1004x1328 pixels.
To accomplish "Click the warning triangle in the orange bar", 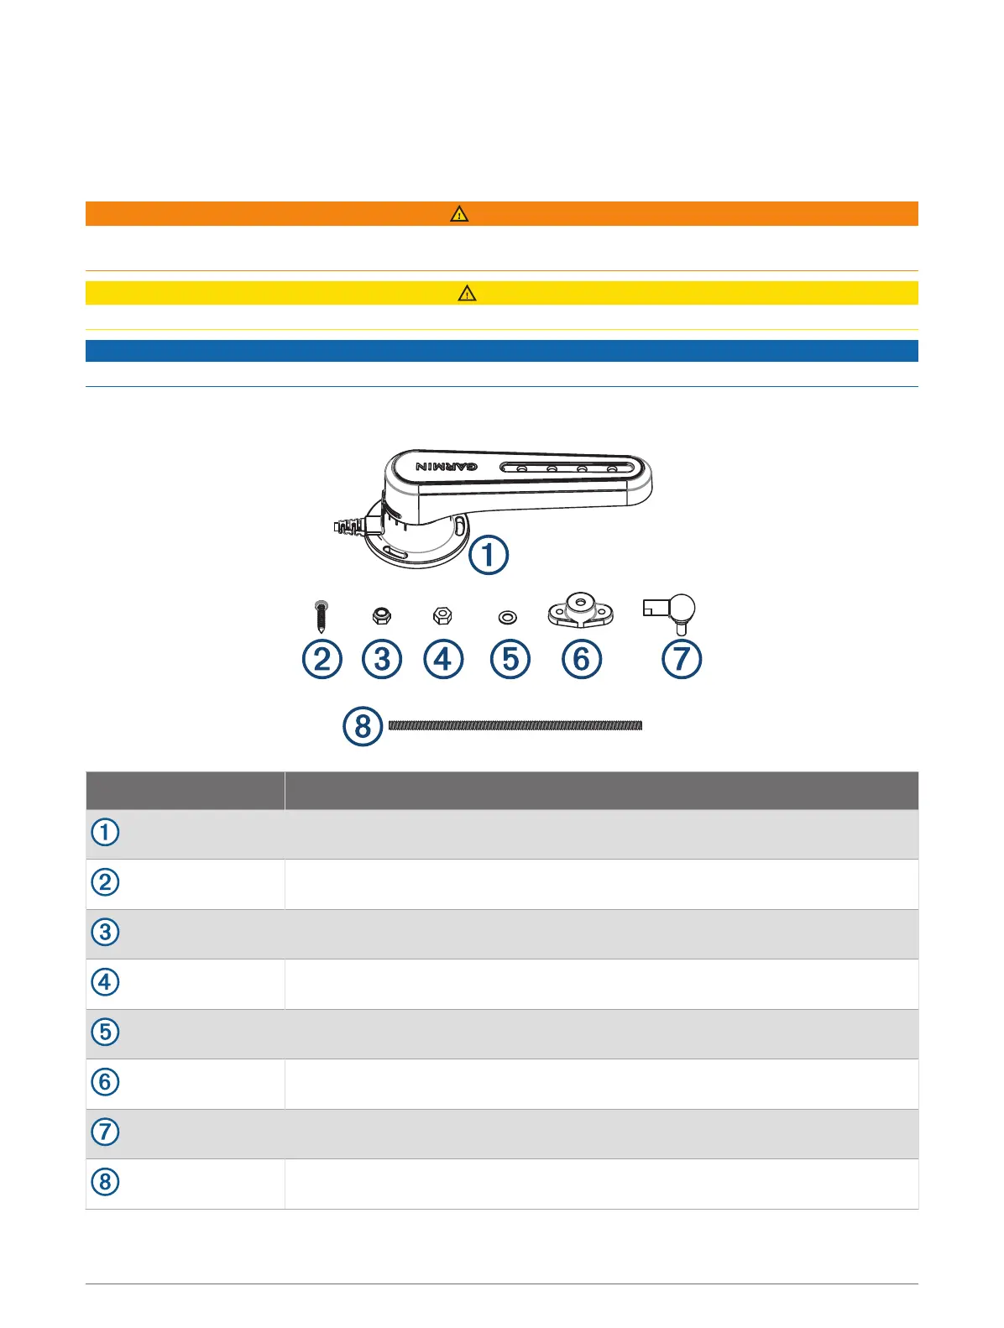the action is pos(459,214).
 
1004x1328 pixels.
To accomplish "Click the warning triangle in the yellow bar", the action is pos(467,293).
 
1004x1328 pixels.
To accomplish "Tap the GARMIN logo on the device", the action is pos(447,467).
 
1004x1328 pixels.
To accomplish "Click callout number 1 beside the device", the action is pos(489,555).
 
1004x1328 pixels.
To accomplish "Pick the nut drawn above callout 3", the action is pos(381,616).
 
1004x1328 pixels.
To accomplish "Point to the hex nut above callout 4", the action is pos(442,616).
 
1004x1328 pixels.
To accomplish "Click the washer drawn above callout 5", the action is pos(508,618).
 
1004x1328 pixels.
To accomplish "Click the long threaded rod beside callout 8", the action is pos(515,725).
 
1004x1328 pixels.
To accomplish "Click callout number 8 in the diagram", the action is pos(363,726).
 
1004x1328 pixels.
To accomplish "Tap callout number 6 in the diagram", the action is pos(581,659).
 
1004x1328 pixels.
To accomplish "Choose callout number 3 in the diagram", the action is pos(382,659).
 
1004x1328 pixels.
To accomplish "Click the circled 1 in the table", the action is pos(105,833).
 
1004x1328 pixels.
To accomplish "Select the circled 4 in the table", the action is pos(105,982).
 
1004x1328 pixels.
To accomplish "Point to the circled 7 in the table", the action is pos(105,1132).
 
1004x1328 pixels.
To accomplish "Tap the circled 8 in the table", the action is pos(105,1182).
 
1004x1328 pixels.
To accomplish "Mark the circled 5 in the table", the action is pos(105,1032).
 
